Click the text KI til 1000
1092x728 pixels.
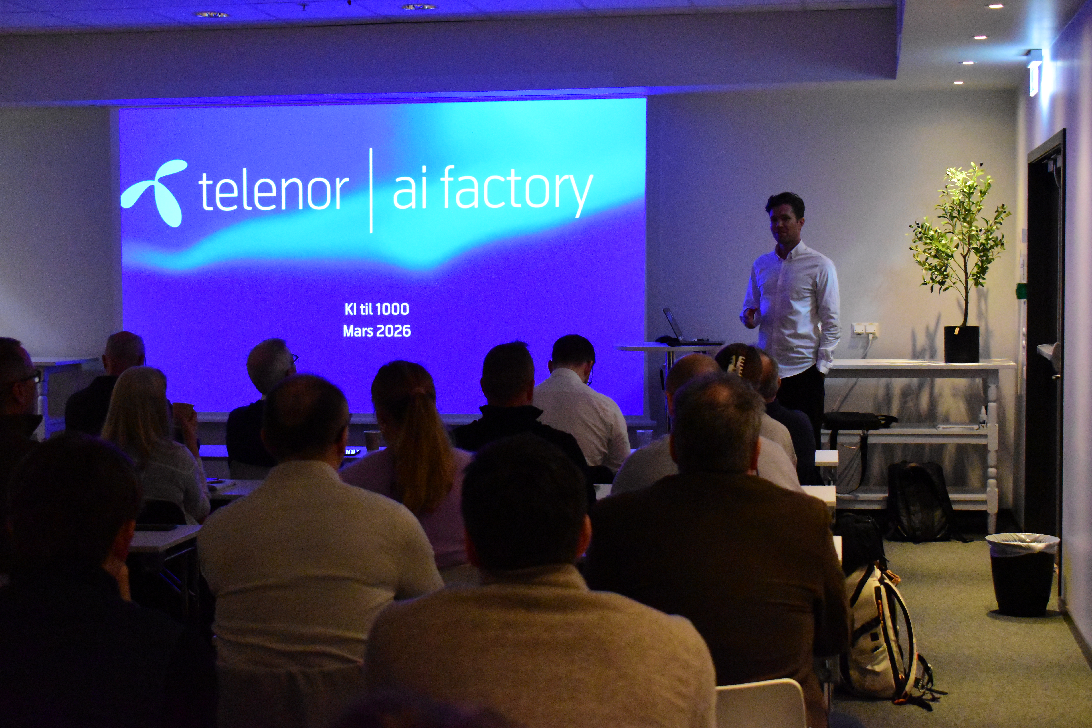377,309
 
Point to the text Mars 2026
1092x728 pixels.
377,331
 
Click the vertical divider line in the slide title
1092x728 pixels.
371,190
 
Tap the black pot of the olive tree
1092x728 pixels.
962,344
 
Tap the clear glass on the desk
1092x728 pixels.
644,438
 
